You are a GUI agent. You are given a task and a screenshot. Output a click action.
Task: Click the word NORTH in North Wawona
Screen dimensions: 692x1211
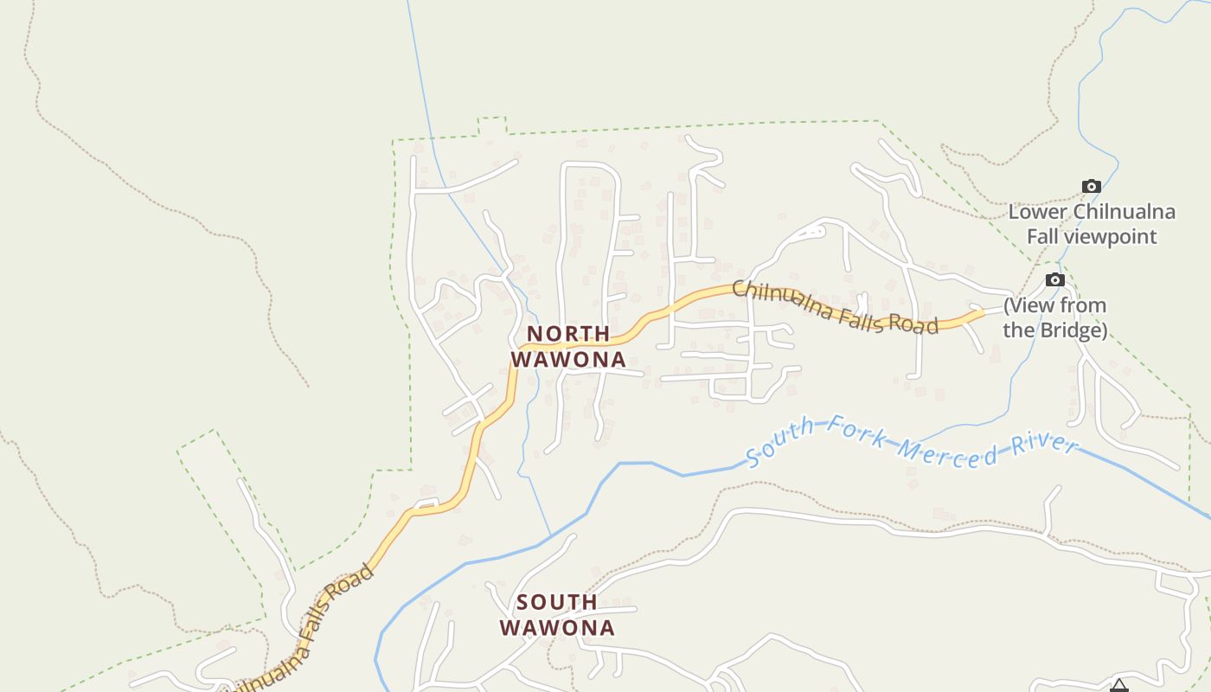pyautogui.click(x=568, y=334)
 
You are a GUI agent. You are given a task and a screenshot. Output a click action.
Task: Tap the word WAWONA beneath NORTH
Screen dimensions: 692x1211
pyautogui.click(x=568, y=359)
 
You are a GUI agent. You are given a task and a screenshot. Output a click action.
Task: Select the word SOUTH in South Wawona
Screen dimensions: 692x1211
pyautogui.click(x=557, y=602)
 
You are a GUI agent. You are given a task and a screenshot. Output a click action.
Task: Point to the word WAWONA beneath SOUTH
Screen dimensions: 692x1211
pyautogui.click(x=557, y=627)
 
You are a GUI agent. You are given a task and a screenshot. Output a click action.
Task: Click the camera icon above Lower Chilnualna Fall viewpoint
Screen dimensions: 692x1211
pyautogui.click(x=1092, y=186)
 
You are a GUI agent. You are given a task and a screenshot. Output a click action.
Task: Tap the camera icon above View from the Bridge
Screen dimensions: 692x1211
pyautogui.click(x=1054, y=279)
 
